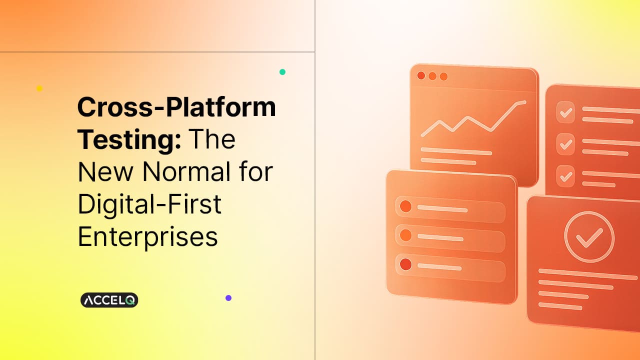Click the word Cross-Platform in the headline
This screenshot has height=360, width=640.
[176, 107]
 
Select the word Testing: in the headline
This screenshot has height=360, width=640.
[129, 139]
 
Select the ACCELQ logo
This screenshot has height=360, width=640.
[109, 300]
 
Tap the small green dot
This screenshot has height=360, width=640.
[282, 72]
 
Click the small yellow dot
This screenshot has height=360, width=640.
[39, 88]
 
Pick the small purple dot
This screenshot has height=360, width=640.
[228, 298]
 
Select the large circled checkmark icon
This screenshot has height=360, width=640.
[583, 237]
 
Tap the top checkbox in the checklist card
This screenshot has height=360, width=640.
[565, 113]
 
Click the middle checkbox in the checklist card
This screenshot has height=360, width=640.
[565, 144]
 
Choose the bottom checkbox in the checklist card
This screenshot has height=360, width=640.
[565, 175]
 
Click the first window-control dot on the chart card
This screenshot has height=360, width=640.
[421, 75]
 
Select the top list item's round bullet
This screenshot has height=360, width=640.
[405, 206]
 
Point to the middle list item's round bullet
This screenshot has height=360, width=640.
[405, 234]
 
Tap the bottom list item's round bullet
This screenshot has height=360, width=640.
[405, 263]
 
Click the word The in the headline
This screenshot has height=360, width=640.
[211, 139]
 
